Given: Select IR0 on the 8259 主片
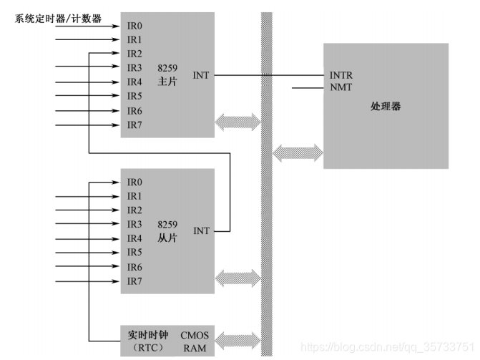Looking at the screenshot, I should (x=135, y=25).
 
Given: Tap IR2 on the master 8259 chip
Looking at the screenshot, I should (x=135, y=54).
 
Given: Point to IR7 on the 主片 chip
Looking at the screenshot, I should (x=135, y=125).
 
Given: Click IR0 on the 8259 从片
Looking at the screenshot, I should (x=135, y=182).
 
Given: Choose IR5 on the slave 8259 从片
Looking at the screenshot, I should (x=135, y=252).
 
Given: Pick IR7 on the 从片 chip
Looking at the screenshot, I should (x=135, y=281).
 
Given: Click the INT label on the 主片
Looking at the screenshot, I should (x=201, y=74).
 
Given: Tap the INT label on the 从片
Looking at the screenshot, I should (x=201, y=231).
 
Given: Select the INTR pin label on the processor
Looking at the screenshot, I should (x=341, y=75).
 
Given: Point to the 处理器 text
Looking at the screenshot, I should (x=386, y=106).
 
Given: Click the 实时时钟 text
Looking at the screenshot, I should (x=147, y=334).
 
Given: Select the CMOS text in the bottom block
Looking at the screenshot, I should (x=195, y=334).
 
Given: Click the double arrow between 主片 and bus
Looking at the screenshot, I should (x=237, y=120).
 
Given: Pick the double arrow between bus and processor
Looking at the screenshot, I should (x=298, y=151).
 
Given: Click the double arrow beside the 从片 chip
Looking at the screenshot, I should (x=237, y=277).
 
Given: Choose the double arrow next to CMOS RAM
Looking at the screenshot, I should (x=237, y=339).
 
